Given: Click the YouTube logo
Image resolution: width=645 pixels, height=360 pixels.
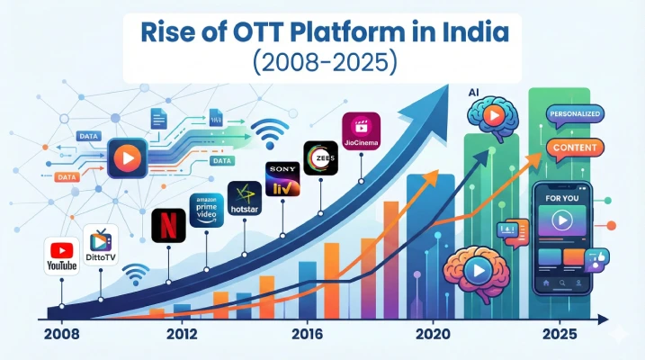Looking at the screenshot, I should (x=60, y=256).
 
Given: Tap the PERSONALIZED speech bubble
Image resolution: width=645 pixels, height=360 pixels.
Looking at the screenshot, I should (x=575, y=114).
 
